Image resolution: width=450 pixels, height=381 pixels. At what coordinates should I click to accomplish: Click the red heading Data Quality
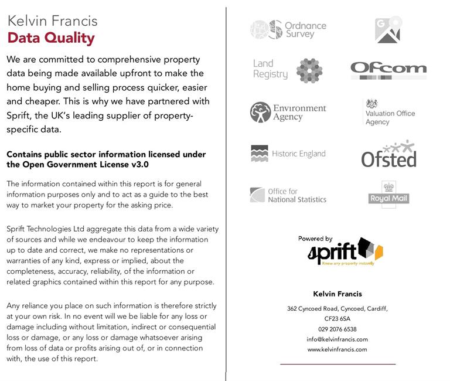point(50,39)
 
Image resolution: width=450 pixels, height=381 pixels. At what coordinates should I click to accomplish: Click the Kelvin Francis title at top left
point(52,21)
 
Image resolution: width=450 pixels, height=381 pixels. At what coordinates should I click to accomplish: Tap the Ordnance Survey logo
point(288,29)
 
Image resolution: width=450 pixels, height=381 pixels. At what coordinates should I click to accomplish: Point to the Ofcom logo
point(388,70)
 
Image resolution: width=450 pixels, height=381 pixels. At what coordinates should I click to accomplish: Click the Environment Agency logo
point(288,112)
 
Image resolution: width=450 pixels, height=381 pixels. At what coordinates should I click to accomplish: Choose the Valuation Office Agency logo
point(388,113)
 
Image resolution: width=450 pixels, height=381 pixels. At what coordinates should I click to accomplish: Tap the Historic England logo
point(288,154)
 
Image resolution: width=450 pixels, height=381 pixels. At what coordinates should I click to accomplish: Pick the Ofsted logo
point(388,154)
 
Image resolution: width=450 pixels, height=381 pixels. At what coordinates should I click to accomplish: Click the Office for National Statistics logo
point(288,195)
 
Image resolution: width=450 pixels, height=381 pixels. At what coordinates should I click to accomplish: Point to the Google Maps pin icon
point(388,29)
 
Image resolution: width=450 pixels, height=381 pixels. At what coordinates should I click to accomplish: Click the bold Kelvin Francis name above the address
point(337,294)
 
